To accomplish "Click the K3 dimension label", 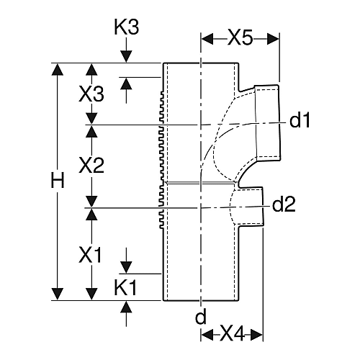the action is click(126, 27).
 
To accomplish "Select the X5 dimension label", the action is click(240, 38).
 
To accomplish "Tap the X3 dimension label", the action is click(91, 94).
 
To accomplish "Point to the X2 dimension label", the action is click(91, 166).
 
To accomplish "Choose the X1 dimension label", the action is click(90, 256).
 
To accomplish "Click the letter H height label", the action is click(58, 180).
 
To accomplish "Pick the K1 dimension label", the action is click(125, 287).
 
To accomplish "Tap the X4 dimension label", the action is click(232, 334).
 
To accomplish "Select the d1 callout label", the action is click(300, 120).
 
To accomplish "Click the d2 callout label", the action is click(284, 204).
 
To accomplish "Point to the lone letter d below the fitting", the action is click(201, 317).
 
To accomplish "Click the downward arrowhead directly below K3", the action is click(126, 57).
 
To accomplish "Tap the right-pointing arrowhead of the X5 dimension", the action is click(273, 39).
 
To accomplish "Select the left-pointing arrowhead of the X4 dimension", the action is click(207, 334).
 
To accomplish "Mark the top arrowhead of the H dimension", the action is click(58, 70).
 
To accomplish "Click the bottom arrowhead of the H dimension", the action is click(58, 294).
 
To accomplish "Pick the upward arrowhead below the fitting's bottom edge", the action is click(126, 307).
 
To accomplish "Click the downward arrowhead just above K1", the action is click(126, 267).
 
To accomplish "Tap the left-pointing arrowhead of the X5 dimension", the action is click(207, 39).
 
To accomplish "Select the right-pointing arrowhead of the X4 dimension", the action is click(256, 334).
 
